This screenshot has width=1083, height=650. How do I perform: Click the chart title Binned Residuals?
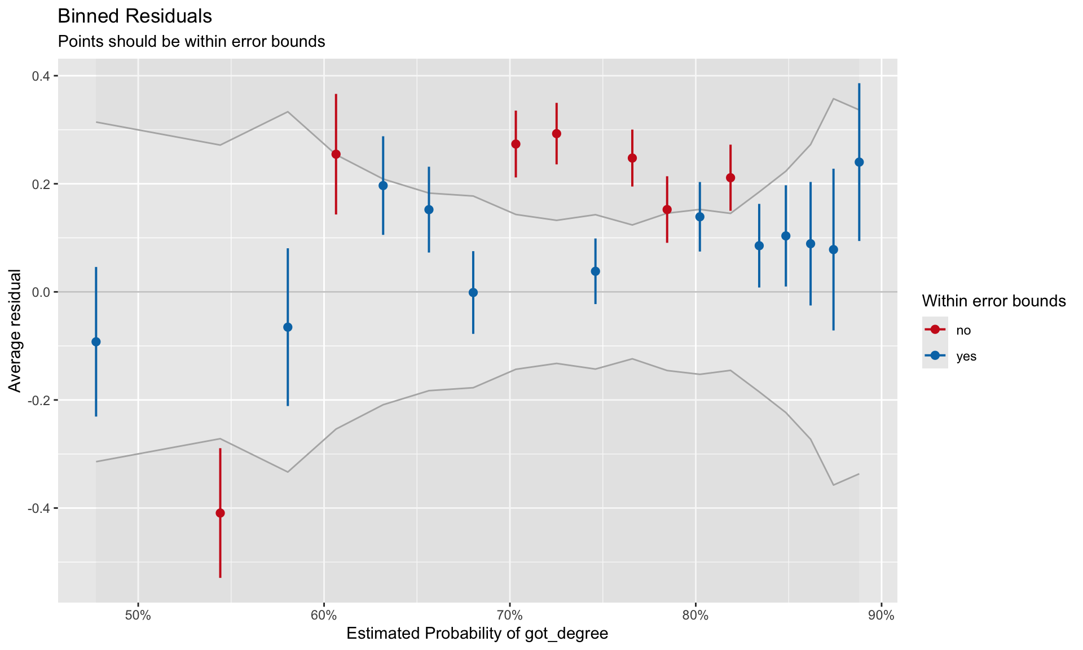135,16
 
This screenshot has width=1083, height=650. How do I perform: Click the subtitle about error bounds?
191,42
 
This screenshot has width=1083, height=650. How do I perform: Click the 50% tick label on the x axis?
138,616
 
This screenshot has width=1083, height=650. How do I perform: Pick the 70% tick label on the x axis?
509,616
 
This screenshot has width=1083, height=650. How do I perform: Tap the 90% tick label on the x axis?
881,616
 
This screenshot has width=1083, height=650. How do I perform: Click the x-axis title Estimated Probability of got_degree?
477,634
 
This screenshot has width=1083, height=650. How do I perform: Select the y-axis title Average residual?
15,331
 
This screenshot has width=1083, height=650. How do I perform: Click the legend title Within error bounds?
993,301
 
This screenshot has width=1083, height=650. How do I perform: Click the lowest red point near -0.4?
220,513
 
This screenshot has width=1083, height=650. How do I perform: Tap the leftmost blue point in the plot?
96,342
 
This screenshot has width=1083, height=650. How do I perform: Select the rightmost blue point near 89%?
859,162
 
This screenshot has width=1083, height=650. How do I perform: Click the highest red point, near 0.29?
557,134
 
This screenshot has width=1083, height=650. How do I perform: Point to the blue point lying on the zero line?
473,292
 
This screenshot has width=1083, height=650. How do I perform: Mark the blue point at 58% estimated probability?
288,327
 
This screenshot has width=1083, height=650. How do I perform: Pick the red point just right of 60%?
336,154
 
